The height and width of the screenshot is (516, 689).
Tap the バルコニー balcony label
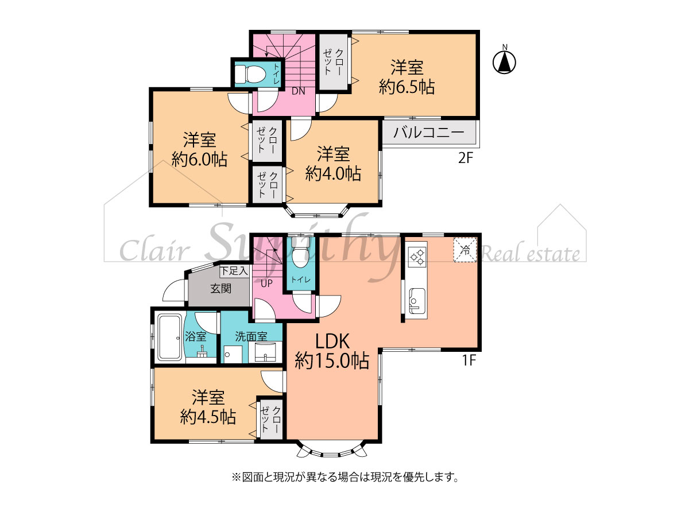pos(428,133)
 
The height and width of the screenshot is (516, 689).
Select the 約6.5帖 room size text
pos(407,87)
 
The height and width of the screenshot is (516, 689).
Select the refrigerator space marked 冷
pos(465,250)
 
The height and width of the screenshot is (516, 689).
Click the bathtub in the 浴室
pos(170,337)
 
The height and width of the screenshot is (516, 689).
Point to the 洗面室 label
pos(251,336)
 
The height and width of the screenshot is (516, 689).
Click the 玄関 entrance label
pos(220,289)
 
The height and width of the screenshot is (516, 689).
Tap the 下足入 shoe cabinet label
pos(234,271)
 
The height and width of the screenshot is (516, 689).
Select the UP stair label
pos(267,284)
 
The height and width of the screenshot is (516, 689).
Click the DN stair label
pos(298,91)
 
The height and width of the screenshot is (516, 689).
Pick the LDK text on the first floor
pos(332,342)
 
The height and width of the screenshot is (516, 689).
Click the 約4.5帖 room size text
pos(208,417)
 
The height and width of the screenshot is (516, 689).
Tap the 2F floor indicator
pos(466,158)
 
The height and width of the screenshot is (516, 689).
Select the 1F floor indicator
pos(469,361)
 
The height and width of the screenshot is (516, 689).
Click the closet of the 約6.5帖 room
pos(334,62)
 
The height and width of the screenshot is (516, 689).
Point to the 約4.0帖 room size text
pos(333,173)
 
